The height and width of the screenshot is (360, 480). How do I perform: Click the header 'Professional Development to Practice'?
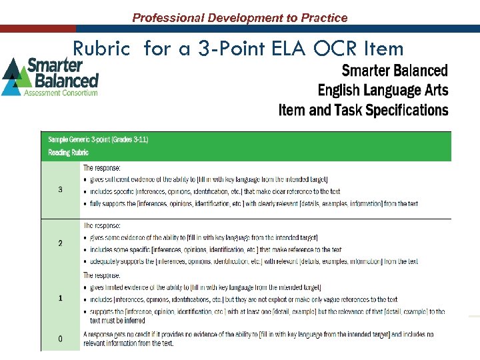[x=239, y=18]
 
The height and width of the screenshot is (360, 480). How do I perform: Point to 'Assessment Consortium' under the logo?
[x=61, y=93]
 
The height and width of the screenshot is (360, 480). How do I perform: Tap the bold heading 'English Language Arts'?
[x=383, y=90]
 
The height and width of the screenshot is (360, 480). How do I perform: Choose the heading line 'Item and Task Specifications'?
[x=363, y=109]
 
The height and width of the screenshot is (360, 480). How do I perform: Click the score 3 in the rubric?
[x=61, y=189]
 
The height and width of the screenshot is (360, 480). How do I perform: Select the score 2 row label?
[x=61, y=243]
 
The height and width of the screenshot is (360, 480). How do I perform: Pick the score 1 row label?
[x=61, y=298]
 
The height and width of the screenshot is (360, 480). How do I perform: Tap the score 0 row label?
[x=61, y=339]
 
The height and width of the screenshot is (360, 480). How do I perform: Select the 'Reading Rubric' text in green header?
[x=68, y=153]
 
